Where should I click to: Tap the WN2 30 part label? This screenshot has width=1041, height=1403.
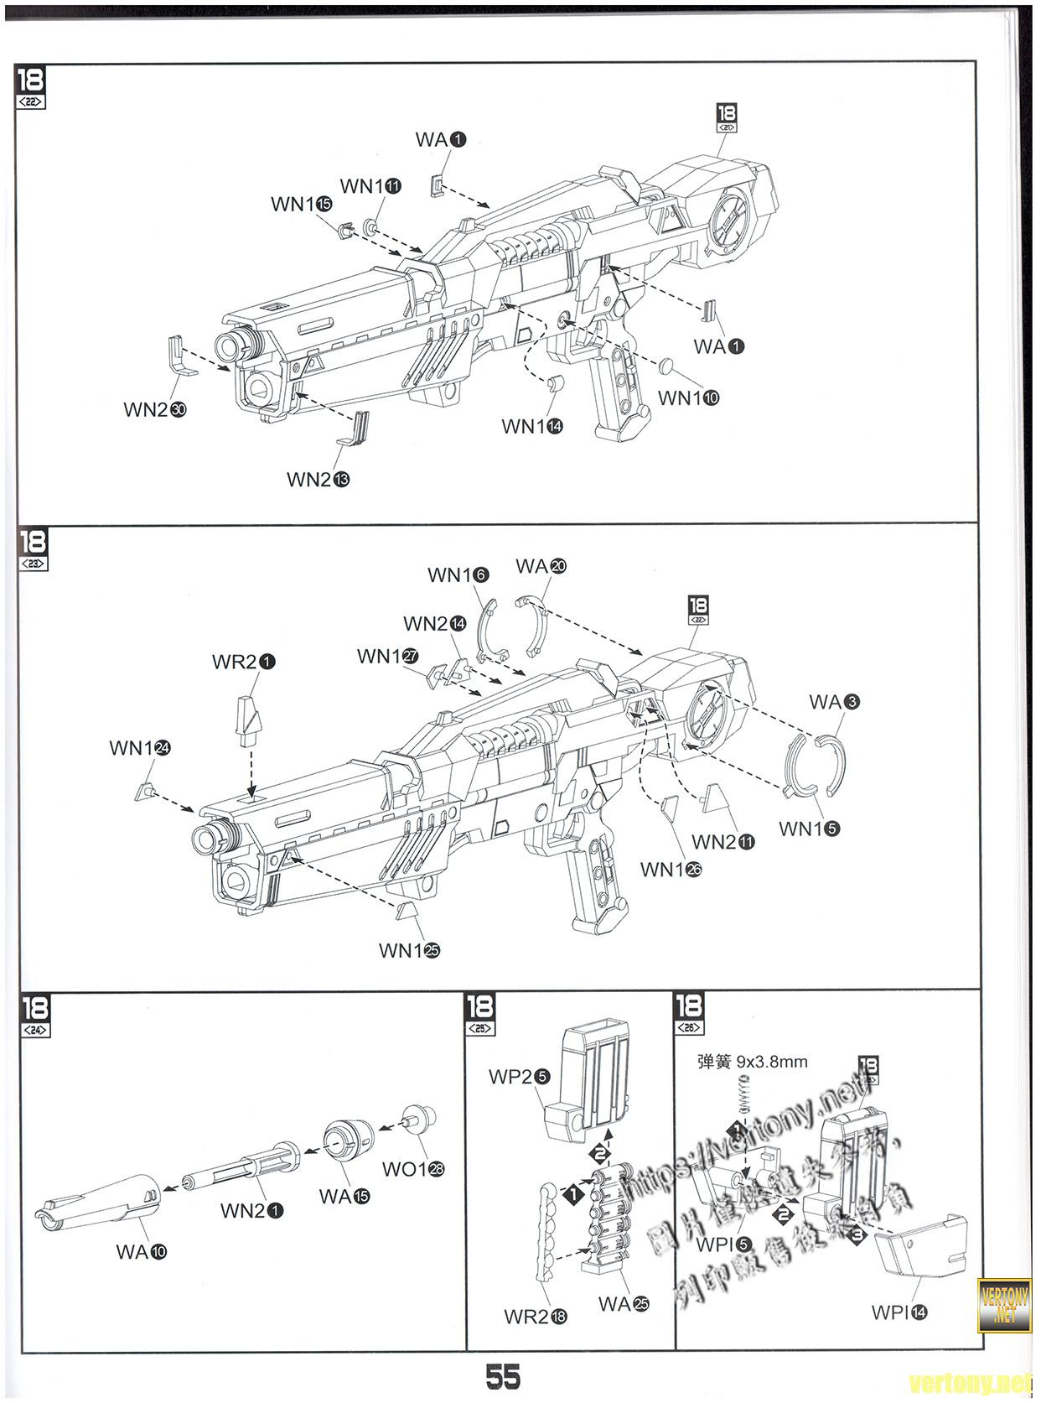pyautogui.click(x=155, y=410)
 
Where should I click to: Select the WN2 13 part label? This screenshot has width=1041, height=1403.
pyautogui.click(x=318, y=480)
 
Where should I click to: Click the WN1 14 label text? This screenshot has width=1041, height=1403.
pyautogui.click(x=532, y=427)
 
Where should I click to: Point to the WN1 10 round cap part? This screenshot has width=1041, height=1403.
pyautogui.click(x=668, y=365)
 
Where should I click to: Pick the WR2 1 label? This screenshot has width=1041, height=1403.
pyautogui.click(x=244, y=662)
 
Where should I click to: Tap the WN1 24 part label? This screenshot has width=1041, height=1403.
pyautogui.click(x=140, y=748)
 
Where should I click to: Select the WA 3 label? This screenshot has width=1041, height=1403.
pyautogui.click(x=834, y=702)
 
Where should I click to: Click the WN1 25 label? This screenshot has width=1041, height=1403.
pyautogui.click(x=409, y=950)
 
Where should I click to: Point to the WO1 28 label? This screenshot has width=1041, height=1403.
pyautogui.click(x=414, y=1169)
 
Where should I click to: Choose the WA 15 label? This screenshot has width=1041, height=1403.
pyautogui.click(x=344, y=1197)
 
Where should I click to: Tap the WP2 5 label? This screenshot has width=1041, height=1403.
pyautogui.click(x=519, y=1077)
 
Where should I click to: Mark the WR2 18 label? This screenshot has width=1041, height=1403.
pyautogui.click(x=536, y=1317)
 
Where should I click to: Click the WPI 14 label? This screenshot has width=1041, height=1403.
pyautogui.click(x=899, y=1312)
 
